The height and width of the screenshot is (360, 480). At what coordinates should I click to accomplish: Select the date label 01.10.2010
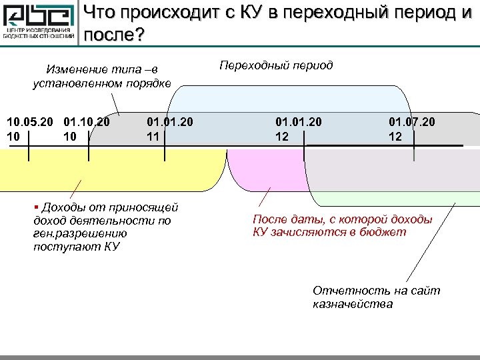[x=87, y=129]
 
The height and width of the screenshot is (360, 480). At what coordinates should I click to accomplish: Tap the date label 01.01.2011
[x=170, y=129]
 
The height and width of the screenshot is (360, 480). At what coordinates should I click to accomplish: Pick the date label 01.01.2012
[x=299, y=129]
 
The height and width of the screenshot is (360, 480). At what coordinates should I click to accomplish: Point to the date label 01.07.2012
[x=412, y=129]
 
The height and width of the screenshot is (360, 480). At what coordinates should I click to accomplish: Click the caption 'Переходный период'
[x=276, y=66]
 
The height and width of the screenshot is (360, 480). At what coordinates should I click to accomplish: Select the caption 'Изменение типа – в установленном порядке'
[x=101, y=76]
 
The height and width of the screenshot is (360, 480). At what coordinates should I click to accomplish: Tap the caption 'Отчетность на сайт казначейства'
[x=376, y=297]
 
